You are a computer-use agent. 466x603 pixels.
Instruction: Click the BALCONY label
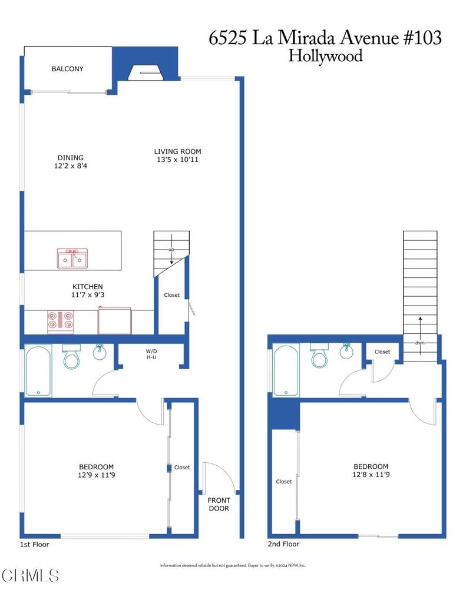[67, 69]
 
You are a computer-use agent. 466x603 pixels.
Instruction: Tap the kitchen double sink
[72, 259]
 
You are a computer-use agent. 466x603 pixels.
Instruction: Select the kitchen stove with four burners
[61, 322]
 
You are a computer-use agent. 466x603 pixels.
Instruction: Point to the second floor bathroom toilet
[319, 355]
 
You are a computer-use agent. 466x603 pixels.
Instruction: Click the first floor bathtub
[38, 370]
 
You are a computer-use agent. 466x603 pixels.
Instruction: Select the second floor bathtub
[286, 370]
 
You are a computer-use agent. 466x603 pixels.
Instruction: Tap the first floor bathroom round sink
[100, 352]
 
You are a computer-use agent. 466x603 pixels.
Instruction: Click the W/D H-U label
[151, 354]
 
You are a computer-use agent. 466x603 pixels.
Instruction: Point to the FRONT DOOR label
[219, 504]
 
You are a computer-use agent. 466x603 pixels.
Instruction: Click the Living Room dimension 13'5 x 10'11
[177, 160]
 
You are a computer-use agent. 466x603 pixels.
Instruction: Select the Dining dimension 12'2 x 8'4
[71, 165]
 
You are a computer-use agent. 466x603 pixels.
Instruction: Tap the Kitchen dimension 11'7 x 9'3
[88, 295]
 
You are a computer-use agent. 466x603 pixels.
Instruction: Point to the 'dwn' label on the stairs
[419, 343]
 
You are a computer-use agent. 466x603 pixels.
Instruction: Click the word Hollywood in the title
[325, 56]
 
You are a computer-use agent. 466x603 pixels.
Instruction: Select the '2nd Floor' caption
[283, 544]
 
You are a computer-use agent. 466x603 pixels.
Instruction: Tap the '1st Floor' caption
[35, 544]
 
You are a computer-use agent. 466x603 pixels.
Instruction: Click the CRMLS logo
[31, 576]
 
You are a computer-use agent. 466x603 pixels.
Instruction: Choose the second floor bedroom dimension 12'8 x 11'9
[371, 475]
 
